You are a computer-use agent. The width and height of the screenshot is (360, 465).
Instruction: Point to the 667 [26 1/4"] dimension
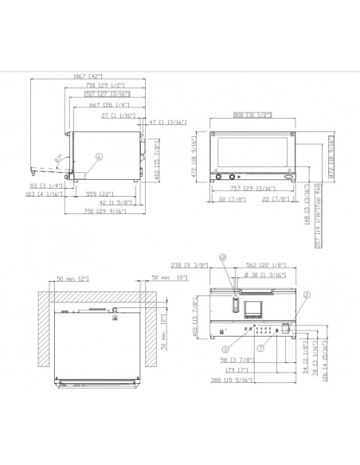coord(101,104)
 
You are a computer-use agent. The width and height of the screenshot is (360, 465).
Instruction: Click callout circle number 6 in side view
coord(99,157)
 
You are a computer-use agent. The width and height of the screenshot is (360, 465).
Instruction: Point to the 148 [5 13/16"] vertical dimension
coord(307,209)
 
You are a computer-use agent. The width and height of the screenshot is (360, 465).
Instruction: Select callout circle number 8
coord(307,294)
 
